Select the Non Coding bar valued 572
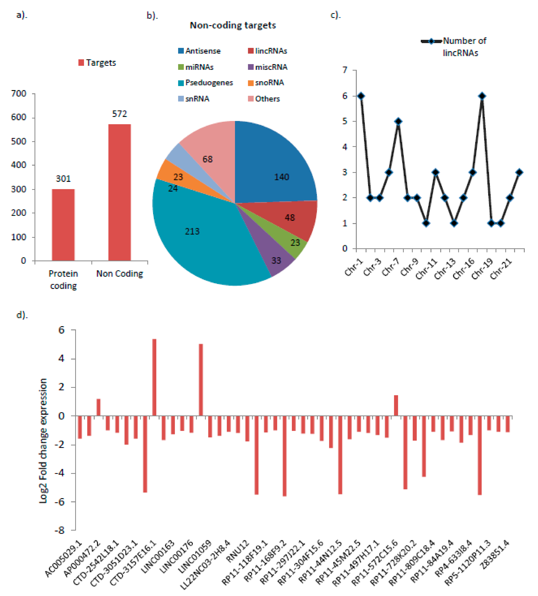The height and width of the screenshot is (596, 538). [119, 192]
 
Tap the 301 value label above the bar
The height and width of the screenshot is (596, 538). [63, 178]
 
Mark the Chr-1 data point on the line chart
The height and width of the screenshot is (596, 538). [361, 96]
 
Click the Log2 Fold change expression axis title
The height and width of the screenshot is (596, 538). [43, 440]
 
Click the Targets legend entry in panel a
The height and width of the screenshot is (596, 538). [97, 63]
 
